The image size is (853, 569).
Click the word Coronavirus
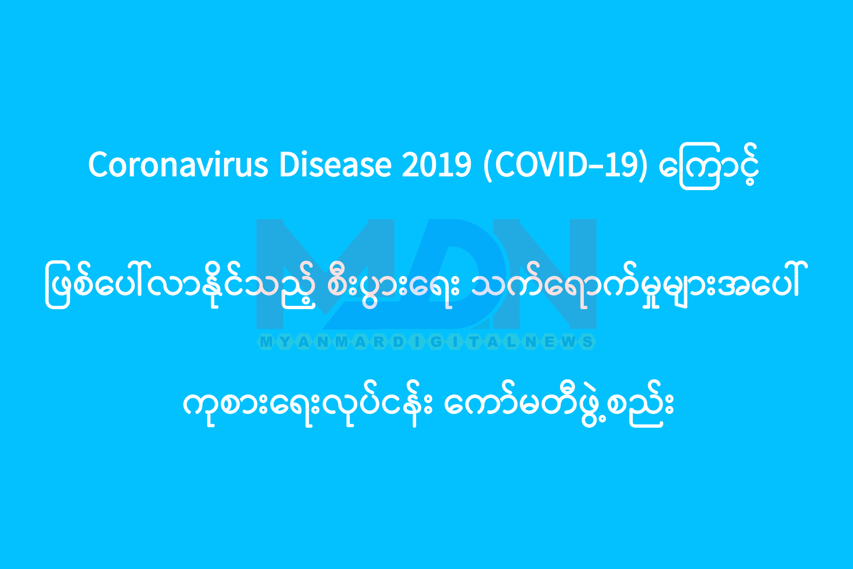coord(178,165)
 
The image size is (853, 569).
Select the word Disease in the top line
coord(335,165)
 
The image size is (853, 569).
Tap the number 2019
coord(437,165)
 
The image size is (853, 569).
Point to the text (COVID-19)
coord(565,166)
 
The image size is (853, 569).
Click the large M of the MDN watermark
coord(325,274)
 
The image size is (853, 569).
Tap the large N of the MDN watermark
coord(545,274)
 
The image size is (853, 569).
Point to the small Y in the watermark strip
coord(285,342)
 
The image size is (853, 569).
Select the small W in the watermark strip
coord(569,342)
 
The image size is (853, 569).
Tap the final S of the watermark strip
coord(588,342)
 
